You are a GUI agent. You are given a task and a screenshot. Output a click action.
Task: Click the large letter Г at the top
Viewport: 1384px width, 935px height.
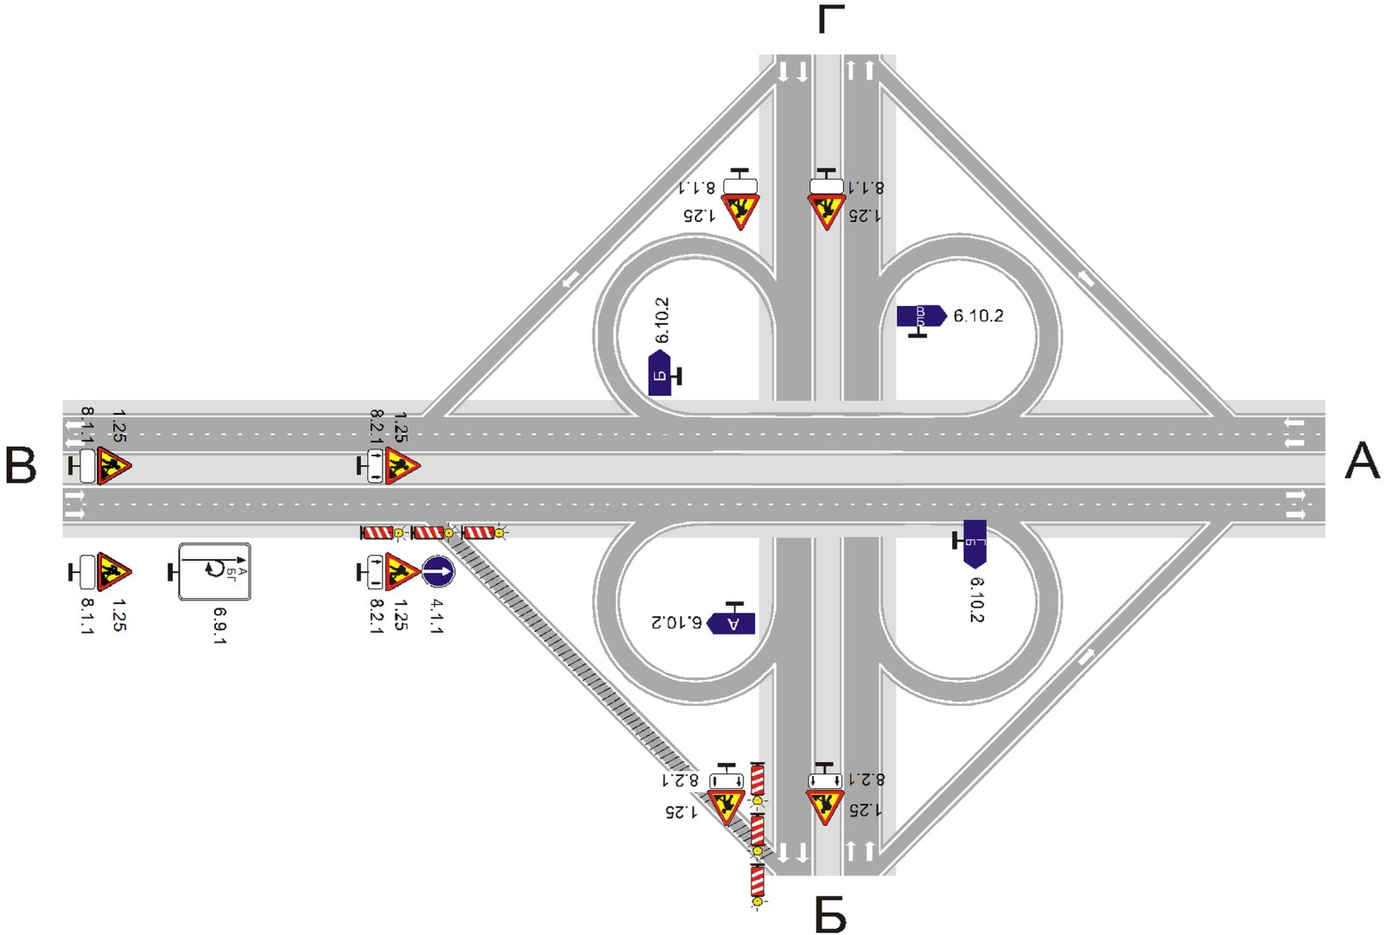pos(830,19)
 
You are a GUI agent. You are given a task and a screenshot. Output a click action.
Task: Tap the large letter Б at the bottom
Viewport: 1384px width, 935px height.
pos(830,913)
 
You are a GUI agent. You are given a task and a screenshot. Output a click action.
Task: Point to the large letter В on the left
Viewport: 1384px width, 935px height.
pos(21,466)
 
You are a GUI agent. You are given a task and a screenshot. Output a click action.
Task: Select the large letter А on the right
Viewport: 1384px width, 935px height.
pos(1362,461)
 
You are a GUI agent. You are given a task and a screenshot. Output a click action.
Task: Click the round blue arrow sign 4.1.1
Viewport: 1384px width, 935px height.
pos(437,571)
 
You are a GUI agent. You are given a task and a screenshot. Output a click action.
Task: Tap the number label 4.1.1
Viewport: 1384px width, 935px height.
pos(436,616)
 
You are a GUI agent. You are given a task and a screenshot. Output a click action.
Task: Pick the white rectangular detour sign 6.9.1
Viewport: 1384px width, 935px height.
pos(214,571)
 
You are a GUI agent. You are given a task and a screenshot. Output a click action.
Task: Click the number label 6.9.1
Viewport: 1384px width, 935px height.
pos(219,626)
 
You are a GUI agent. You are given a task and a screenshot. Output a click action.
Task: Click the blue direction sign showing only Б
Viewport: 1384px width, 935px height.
pos(659,373)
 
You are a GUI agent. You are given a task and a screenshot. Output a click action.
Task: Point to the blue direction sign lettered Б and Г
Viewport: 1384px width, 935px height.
pos(975,542)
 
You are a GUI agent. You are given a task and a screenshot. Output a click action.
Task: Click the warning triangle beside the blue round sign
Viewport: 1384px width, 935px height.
pos(402,571)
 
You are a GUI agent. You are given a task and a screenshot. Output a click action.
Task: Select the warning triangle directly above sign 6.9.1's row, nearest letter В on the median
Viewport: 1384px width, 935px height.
pos(113,466)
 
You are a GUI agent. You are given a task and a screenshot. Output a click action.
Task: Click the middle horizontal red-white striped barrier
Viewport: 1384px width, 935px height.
pos(428,532)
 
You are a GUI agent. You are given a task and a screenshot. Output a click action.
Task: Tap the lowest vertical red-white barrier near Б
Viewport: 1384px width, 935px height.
pos(758,881)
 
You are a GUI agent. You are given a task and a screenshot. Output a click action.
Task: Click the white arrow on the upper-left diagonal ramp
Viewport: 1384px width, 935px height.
pos(570,280)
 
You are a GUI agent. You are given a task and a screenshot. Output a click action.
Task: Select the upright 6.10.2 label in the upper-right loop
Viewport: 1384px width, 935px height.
pos(978,316)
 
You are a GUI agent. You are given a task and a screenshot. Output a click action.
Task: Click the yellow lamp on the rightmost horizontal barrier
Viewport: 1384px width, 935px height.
pos(499,533)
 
